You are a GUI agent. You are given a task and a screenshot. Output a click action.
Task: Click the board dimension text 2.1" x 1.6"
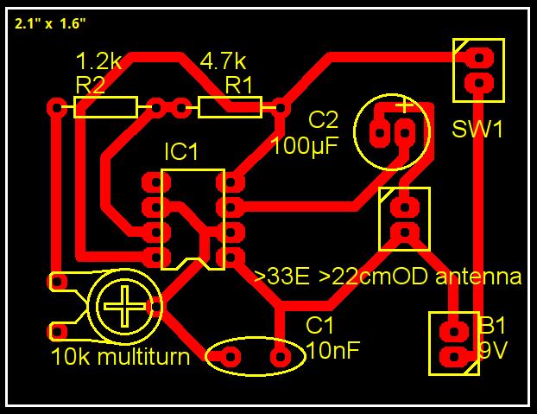[x=50, y=23]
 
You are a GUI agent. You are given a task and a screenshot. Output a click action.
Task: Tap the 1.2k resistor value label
[x=98, y=61]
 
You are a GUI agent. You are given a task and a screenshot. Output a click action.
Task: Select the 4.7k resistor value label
[x=223, y=61]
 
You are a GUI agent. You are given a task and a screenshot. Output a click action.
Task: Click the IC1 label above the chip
[x=181, y=151]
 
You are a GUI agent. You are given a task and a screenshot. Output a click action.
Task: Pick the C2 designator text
[x=323, y=119]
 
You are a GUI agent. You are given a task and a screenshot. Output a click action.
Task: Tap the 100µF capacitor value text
[x=305, y=146]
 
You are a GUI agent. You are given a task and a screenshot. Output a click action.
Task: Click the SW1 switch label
[x=477, y=130]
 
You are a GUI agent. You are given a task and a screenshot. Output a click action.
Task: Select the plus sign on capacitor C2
[x=405, y=105]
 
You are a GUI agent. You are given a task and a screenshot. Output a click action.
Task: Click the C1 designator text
[x=319, y=325]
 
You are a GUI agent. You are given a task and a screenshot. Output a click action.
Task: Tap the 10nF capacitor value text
[x=333, y=350]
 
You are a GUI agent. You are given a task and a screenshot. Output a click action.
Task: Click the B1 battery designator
[x=492, y=325]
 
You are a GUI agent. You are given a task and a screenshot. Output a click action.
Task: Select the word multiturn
[x=144, y=356]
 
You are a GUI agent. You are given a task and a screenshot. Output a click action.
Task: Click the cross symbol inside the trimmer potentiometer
[x=124, y=306]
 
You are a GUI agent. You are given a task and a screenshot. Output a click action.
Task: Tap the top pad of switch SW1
[x=479, y=57]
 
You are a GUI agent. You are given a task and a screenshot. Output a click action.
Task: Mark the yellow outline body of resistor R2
[x=106, y=107]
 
